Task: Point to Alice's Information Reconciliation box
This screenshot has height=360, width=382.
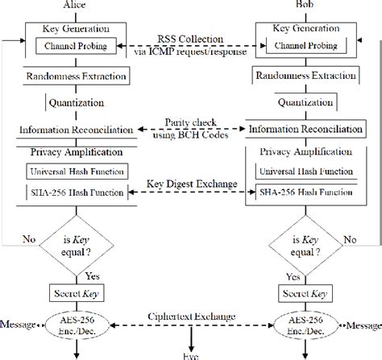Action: pyautogui.click(x=77, y=130)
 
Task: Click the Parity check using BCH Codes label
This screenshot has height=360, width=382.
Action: pyautogui.click(x=193, y=128)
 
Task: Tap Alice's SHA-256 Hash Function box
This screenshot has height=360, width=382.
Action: pyautogui.click(x=77, y=192)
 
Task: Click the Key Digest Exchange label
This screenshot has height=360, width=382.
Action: pyautogui.click(x=193, y=184)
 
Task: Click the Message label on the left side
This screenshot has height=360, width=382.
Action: pyautogui.click(x=19, y=325)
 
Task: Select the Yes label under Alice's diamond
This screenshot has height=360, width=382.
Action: pyautogui.click(x=90, y=276)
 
